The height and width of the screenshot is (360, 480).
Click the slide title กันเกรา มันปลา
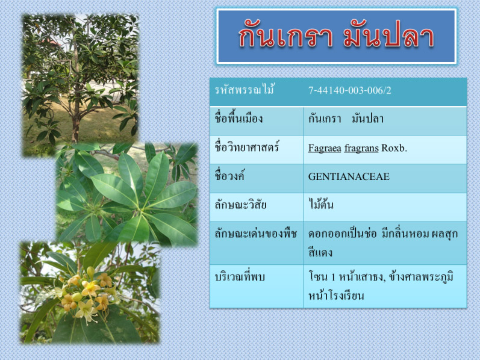coord(336,37)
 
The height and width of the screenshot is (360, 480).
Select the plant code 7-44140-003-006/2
coord(349,91)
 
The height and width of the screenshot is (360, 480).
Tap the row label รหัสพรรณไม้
coord(245,90)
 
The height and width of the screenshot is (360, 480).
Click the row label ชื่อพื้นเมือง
coord(238,119)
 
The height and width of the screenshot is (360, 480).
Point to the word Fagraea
coord(325,148)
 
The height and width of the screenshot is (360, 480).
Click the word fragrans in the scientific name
coord(361,149)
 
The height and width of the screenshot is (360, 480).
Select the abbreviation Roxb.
coord(394,148)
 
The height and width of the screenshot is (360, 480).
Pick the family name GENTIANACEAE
coord(349,176)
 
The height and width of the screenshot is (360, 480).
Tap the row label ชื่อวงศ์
coord(229,176)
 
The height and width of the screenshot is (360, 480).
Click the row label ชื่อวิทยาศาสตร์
coord(246,147)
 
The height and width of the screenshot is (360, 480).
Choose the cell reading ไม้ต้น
coord(320,204)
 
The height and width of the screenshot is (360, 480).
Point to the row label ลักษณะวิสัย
coord(240,205)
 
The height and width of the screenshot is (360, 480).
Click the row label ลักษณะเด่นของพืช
coord(255,234)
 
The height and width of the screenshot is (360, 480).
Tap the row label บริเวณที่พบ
coord(239,277)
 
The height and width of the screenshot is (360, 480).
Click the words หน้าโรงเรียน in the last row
coord(336,296)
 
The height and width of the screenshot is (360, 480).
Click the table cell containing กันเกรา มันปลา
coord(385,120)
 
